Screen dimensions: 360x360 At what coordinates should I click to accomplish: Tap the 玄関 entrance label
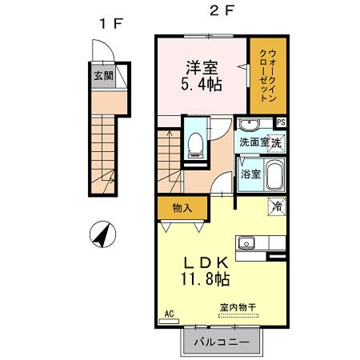coord(102,77)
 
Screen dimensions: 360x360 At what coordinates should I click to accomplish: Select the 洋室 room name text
coord(200,68)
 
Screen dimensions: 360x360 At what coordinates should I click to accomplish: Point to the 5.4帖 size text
coord(200,86)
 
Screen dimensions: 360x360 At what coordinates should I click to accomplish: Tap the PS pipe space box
coord(281,122)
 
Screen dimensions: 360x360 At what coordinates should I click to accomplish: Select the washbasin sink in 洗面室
coord(249,125)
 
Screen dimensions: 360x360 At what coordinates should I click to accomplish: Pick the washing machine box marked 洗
coord(276,144)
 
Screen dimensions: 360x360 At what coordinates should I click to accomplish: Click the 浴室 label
coord(250,174)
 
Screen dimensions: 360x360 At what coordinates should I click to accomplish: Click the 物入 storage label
coord(182,208)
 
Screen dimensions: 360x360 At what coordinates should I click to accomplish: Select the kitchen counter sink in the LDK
coord(245,242)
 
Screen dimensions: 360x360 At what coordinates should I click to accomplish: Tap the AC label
coord(168,314)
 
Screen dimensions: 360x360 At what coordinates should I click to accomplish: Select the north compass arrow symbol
coord(102,235)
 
